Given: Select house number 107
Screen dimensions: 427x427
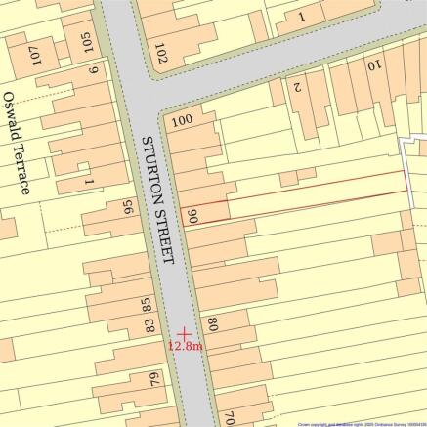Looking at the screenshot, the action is click(x=36, y=55).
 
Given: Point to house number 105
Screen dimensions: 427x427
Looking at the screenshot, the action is click(x=87, y=43).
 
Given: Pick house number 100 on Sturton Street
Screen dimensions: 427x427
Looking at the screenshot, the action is click(x=181, y=122).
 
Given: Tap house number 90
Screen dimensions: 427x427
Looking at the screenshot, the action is click(x=193, y=217).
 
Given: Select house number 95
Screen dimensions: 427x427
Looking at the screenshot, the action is click(x=127, y=208).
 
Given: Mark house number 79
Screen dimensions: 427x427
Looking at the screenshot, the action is click(x=153, y=379).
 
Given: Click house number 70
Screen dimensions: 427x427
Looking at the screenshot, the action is click(x=229, y=416).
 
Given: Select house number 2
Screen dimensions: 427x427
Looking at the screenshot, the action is click(x=299, y=86).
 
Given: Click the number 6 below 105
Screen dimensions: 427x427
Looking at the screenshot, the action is click(x=94, y=69).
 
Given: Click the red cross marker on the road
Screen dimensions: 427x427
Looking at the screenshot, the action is click(x=183, y=332).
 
